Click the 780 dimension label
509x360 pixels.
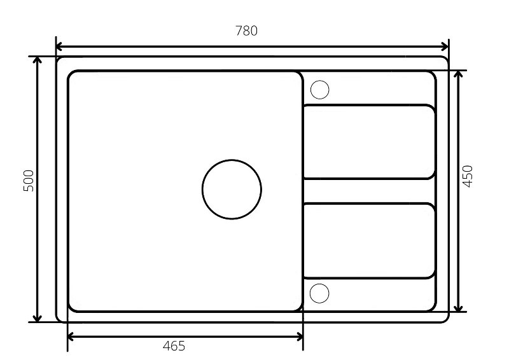tap(246, 31)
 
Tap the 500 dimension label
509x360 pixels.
tap(29, 181)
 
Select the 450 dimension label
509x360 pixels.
tap(468, 176)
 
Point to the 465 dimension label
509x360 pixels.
tap(174, 346)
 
